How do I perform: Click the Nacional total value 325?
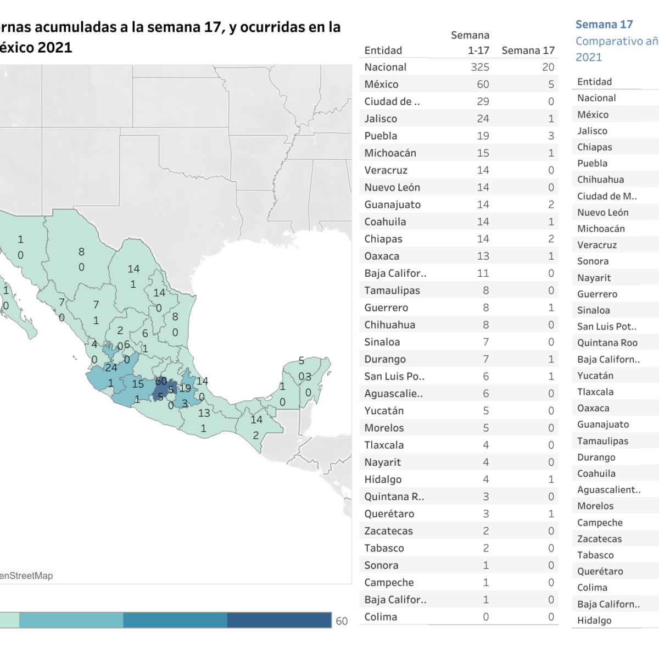click(x=480, y=67)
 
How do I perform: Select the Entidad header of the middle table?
click(x=383, y=51)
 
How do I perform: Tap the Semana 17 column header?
click(x=528, y=51)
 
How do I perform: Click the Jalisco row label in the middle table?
click(x=381, y=119)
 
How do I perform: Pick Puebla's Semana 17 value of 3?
click(x=551, y=136)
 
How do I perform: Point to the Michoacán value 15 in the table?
click(x=483, y=153)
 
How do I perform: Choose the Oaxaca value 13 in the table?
click(x=483, y=256)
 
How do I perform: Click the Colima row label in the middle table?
click(x=381, y=617)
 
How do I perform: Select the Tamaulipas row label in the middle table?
click(x=392, y=291)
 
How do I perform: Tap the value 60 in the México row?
click(x=483, y=85)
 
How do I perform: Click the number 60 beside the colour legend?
click(x=342, y=621)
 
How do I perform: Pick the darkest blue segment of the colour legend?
click(x=279, y=620)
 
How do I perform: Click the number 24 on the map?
click(x=111, y=367)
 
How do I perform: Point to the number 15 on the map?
click(x=138, y=384)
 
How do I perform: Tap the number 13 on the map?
click(x=204, y=413)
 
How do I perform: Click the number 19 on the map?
click(x=186, y=388)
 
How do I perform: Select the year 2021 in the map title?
click(x=54, y=48)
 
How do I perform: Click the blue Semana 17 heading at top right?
click(x=604, y=25)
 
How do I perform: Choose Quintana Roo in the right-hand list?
click(x=607, y=343)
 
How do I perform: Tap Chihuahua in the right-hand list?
click(x=600, y=180)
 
